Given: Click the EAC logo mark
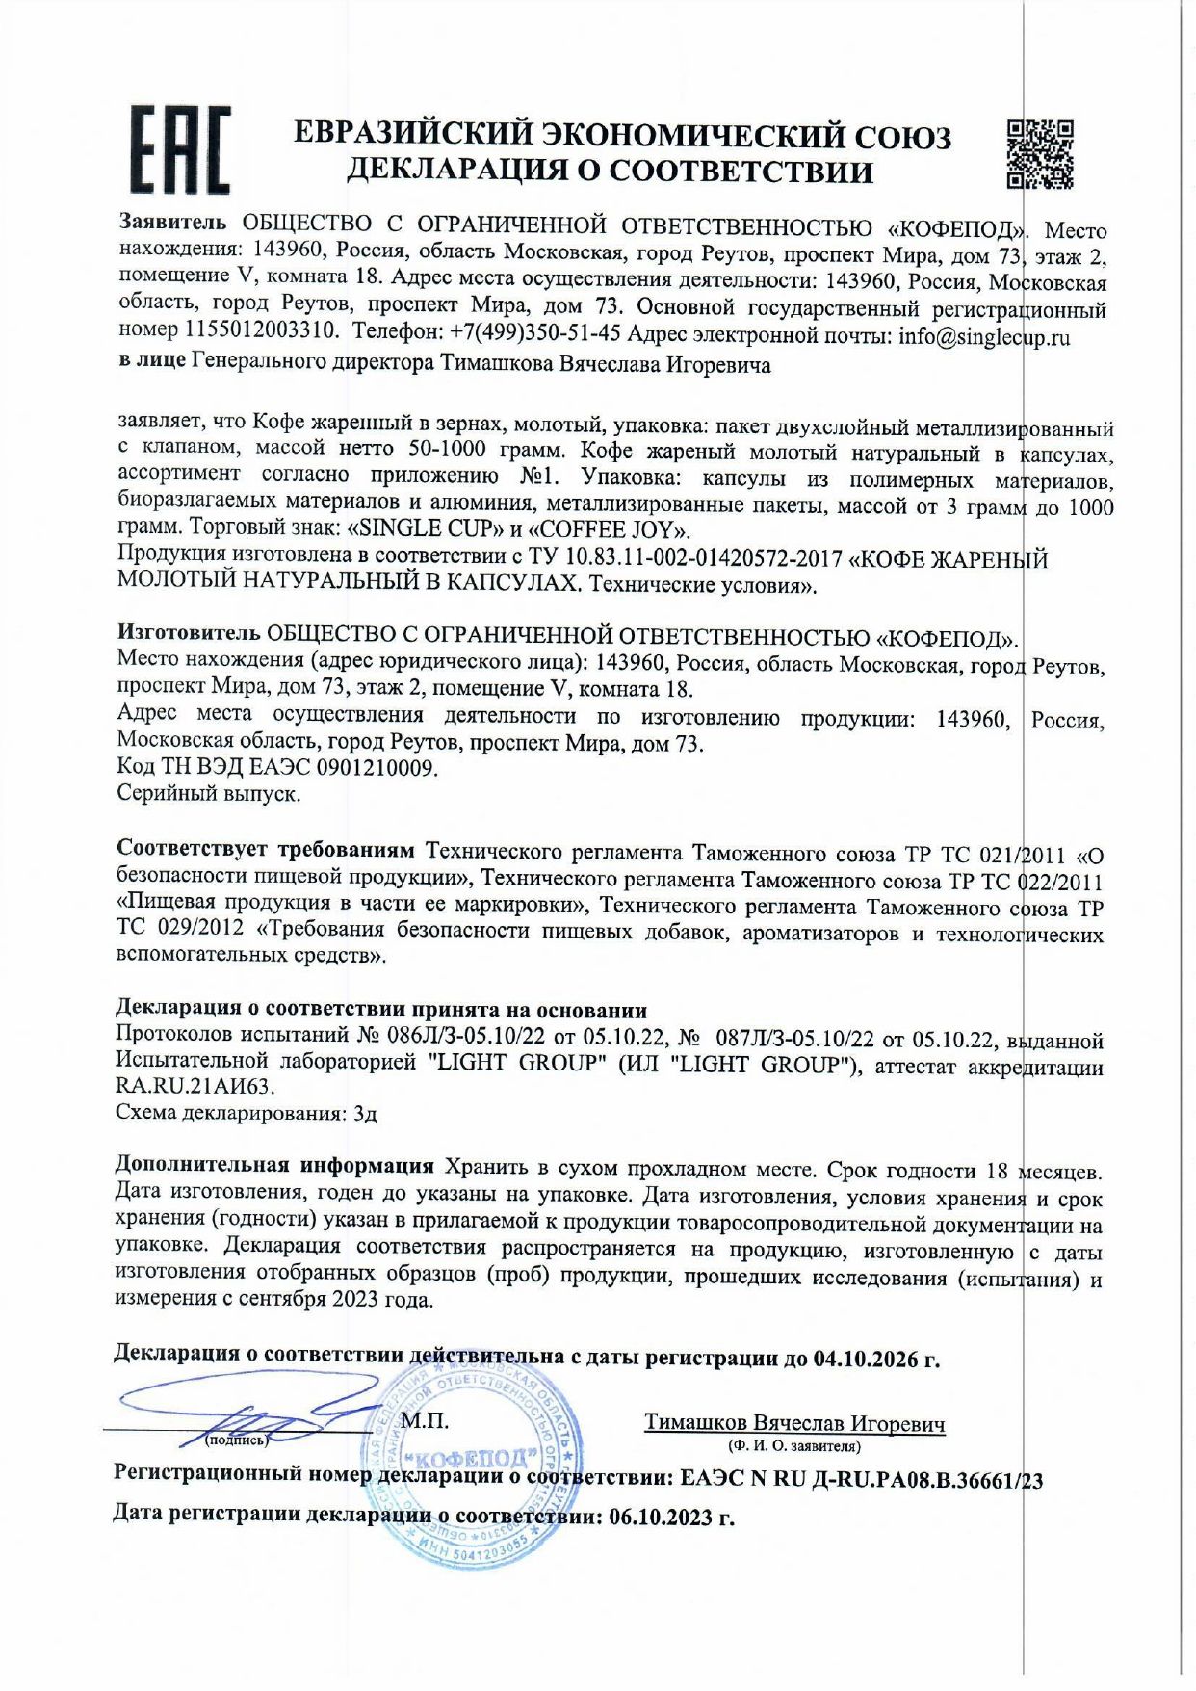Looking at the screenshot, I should (x=180, y=150).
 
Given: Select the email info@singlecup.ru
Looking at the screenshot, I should (x=983, y=337).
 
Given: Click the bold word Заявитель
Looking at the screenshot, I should (x=173, y=222).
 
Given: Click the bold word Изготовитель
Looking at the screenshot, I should (x=189, y=633).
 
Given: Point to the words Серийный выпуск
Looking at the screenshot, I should (x=208, y=793).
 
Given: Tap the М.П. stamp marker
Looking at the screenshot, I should (x=425, y=1420).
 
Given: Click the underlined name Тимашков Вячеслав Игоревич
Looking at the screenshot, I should (x=793, y=1423).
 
